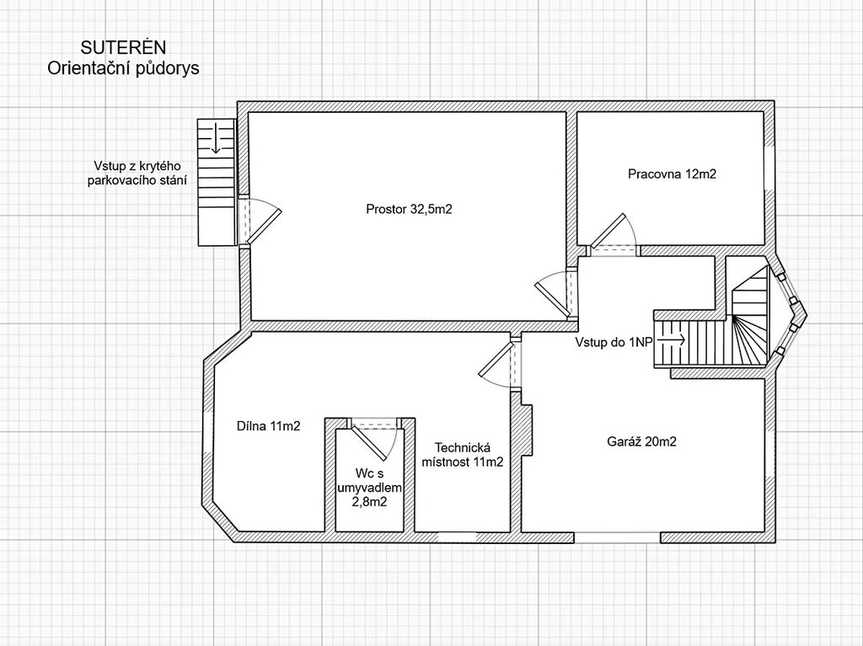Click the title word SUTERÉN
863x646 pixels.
(123, 47)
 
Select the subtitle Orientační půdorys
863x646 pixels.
(123, 68)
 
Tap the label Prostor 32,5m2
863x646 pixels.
(409, 209)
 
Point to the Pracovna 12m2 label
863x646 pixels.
(672, 174)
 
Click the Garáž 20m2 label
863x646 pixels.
(641, 441)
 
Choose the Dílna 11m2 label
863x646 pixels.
(269, 426)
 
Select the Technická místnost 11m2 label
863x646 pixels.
(463, 455)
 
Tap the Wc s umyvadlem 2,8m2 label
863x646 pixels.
(369, 488)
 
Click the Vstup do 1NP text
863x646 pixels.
(614, 342)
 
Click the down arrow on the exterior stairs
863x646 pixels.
(215, 137)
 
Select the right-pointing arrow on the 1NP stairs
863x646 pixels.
(672, 340)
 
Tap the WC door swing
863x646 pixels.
(374, 440)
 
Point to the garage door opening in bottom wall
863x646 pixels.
(617, 537)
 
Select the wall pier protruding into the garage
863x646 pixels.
(527, 430)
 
